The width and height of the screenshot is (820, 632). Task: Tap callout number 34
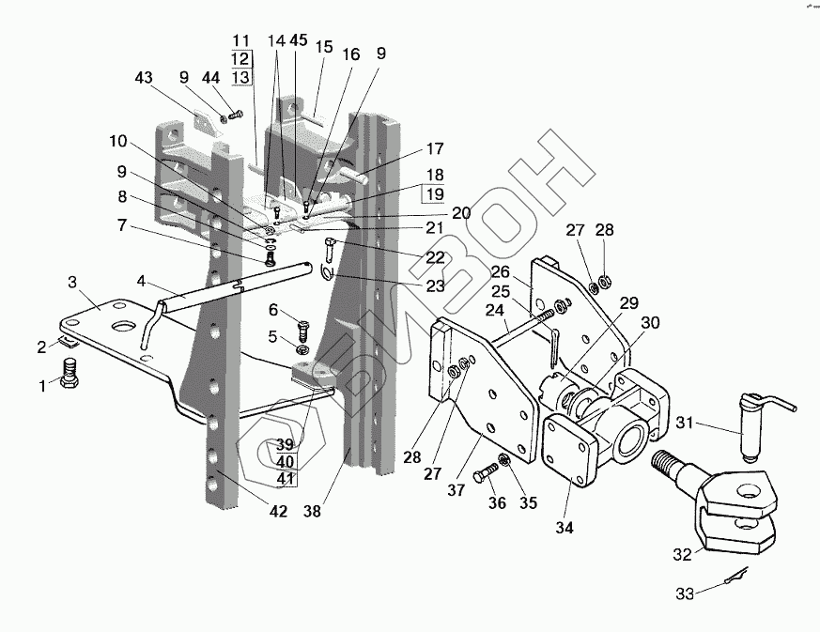coord(564,527)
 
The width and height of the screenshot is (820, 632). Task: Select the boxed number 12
coord(241,59)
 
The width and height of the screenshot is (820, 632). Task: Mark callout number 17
coord(434,148)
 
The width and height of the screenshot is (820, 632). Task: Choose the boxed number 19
coord(434,194)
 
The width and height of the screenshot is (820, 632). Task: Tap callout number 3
coord(71,282)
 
